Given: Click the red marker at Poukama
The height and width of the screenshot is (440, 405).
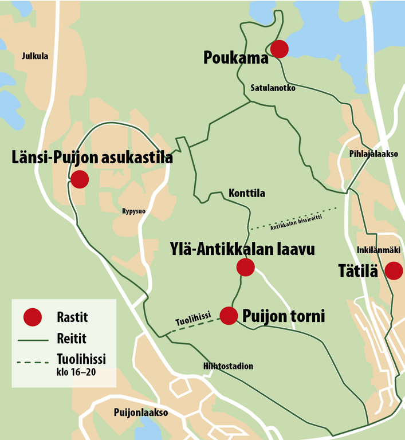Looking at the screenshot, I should tap(279, 49).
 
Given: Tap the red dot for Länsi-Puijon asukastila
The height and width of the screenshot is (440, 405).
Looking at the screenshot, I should tap(80, 179).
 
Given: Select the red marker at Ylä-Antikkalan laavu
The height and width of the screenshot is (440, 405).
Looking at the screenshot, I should tap(245, 267).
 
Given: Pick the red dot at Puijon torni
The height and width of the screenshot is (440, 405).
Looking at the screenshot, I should tap(229, 316).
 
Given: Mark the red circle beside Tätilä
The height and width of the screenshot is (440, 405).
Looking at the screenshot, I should tap(394, 270).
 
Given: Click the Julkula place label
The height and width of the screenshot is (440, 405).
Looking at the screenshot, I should tap(34, 56).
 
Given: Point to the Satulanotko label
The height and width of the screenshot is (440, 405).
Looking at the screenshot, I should tap(273, 88).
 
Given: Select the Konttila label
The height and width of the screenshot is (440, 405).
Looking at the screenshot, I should tap(246, 194).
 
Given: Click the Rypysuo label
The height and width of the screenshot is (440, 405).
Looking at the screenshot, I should tap(133, 211).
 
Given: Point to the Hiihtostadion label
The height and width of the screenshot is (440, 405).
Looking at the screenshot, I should tap(228, 366).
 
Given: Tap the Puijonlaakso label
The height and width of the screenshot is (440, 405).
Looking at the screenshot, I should tap(140, 412).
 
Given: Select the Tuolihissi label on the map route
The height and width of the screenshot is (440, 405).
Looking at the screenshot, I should tap(193, 319).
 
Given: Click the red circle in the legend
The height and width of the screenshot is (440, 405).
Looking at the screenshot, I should tap(33, 316).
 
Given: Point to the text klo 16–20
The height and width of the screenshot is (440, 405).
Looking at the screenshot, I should tap(77, 372).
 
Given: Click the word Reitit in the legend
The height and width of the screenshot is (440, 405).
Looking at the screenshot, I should tap(72, 339).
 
